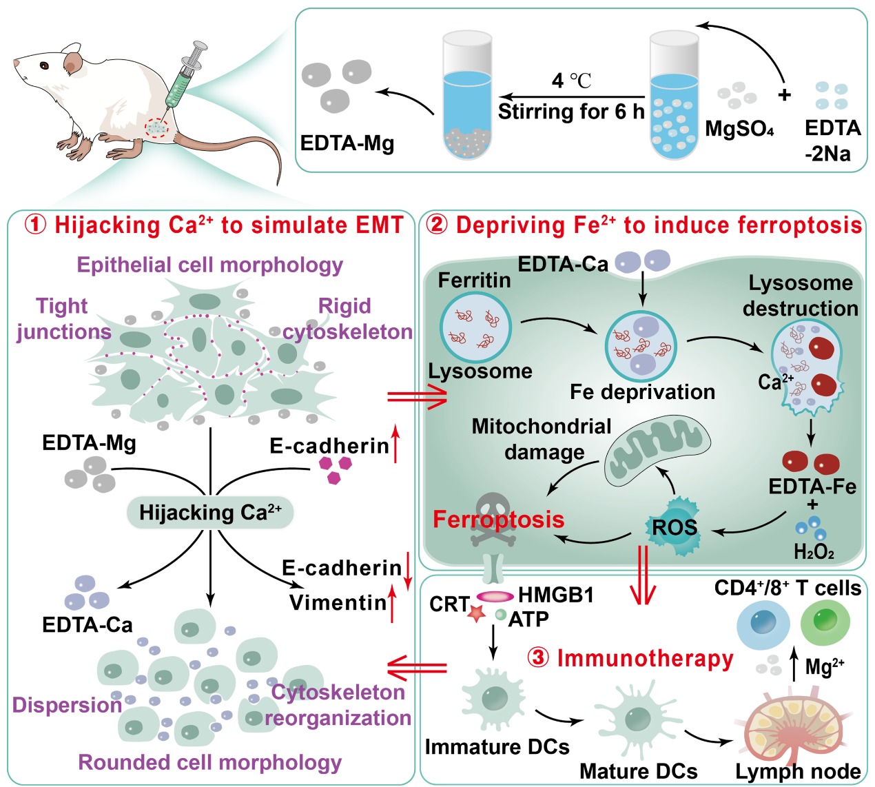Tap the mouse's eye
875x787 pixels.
pos(44,66)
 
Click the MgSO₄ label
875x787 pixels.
pos(739,129)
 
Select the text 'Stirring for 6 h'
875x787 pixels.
pos(571,112)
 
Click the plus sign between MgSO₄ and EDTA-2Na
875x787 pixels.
pos(784,94)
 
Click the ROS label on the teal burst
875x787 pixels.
pos(675,528)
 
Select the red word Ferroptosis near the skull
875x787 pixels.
pos(498,519)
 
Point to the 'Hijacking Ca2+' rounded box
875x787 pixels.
pos(210,513)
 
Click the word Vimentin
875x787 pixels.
pos(338,602)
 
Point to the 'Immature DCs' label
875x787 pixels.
pos(497,747)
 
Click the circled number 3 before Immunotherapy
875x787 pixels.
pos(538,657)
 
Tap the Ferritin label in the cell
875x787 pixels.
pos(474,280)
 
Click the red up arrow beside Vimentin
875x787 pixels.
pos(393,603)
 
